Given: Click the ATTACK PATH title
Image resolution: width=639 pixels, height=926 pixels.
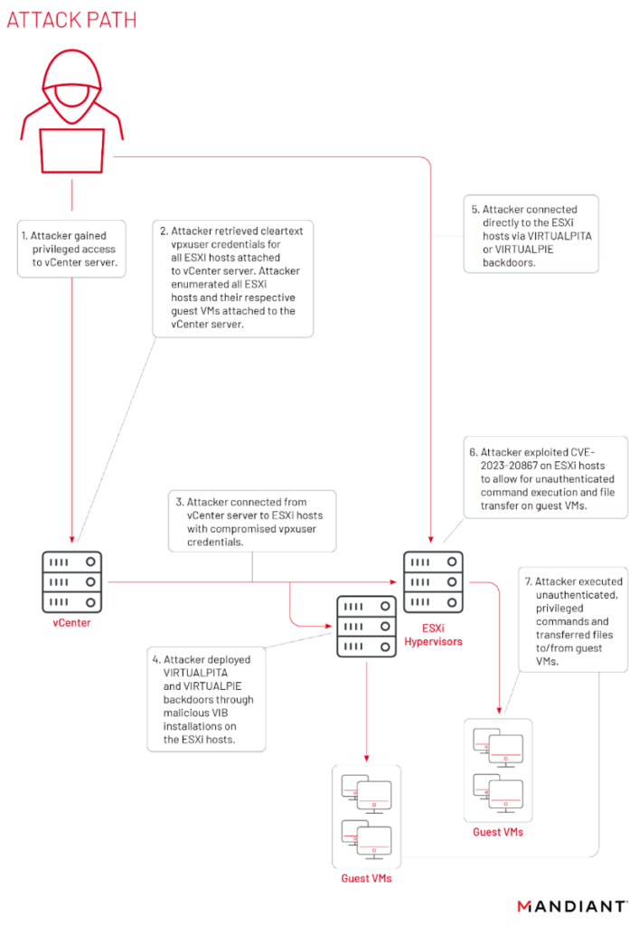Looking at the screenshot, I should pyautogui.click(x=71, y=19).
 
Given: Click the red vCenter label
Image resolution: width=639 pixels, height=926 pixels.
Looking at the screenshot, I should pyautogui.click(x=71, y=623).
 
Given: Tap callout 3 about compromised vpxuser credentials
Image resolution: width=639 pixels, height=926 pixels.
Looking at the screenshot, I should pyautogui.click(x=252, y=521).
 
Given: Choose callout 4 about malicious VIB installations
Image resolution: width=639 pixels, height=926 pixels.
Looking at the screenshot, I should pyautogui.click(x=207, y=698).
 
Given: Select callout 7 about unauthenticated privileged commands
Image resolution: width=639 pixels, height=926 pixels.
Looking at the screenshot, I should pyautogui.click(x=573, y=619).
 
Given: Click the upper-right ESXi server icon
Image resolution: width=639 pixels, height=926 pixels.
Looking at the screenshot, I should pyautogui.click(x=433, y=581).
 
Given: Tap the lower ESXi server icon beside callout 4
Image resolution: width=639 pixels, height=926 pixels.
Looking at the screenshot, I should pyautogui.click(x=366, y=625).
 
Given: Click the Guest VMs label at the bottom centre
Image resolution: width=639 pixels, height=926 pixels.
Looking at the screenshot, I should pyautogui.click(x=366, y=878).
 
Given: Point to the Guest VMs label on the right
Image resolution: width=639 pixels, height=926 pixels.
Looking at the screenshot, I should pyautogui.click(x=497, y=831).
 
